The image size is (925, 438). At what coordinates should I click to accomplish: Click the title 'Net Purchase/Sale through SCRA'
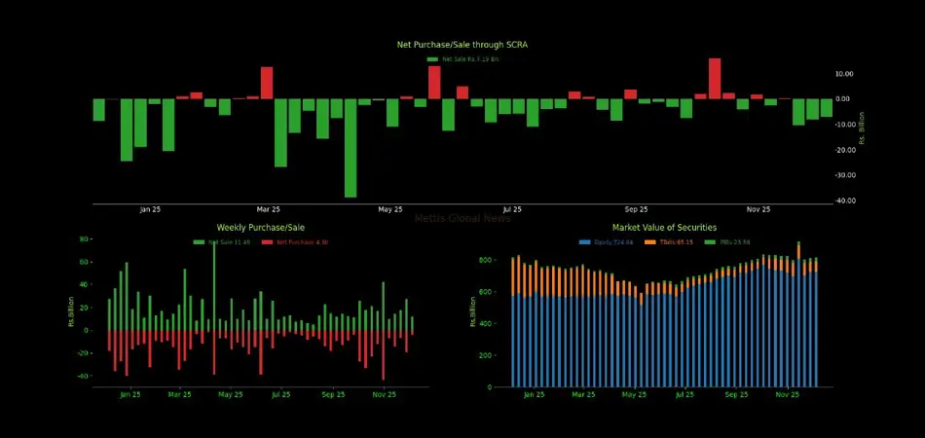[462, 45]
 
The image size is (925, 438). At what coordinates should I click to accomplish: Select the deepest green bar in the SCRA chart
[351, 148]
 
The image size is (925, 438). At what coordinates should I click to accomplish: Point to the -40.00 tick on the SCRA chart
[845, 201]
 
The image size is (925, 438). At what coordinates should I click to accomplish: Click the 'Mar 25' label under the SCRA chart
[269, 209]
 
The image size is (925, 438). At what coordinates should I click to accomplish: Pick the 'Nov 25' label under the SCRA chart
[758, 209]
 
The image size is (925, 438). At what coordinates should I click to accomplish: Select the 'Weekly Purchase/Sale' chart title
[254, 227]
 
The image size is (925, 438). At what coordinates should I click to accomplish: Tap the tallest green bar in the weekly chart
[214, 285]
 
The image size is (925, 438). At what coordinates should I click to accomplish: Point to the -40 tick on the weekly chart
[83, 377]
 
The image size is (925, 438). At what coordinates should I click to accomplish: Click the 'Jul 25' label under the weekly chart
[280, 395]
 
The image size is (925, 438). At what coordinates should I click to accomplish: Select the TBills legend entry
[673, 241]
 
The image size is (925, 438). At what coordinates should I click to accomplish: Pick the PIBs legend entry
[730, 241]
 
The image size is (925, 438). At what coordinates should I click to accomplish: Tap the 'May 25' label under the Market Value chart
[634, 395]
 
